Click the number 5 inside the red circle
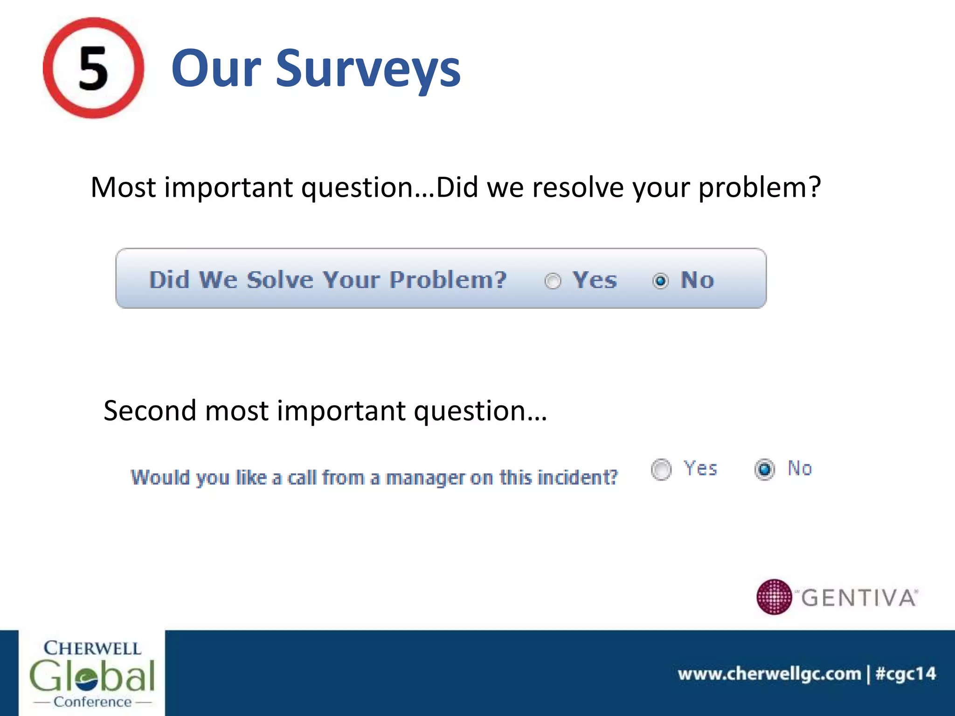pyautogui.click(x=93, y=69)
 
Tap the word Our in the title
pyautogui.click(x=216, y=69)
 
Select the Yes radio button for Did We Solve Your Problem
pyautogui.click(x=553, y=281)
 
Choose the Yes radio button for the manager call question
pyautogui.click(x=661, y=469)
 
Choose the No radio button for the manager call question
pyautogui.click(x=765, y=469)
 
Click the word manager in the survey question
pyautogui.click(x=425, y=478)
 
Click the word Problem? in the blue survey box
pyautogui.click(x=448, y=280)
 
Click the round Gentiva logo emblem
pyautogui.click(x=774, y=597)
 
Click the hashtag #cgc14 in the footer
pyautogui.click(x=906, y=674)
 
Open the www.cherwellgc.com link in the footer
pyautogui.click(x=769, y=674)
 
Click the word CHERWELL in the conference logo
pyautogui.click(x=92, y=648)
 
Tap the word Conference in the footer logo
pyautogui.click(x=92, y=702)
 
